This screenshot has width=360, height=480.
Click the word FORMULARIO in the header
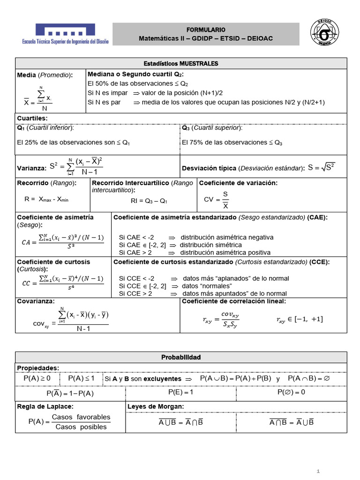[206, 29]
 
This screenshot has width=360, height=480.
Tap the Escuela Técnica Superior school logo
[65, 34]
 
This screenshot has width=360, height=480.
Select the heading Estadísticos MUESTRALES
[180, 63]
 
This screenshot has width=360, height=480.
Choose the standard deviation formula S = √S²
[322, 167]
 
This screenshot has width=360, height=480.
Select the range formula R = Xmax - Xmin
[46, 199]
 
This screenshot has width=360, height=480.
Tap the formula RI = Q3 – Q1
[149, 201]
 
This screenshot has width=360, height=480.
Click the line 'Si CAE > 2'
[135, 252]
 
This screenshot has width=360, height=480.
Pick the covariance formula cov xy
[70, 319]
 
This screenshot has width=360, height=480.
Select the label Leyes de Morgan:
[155, 406]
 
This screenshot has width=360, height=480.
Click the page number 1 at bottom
[318, 471]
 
